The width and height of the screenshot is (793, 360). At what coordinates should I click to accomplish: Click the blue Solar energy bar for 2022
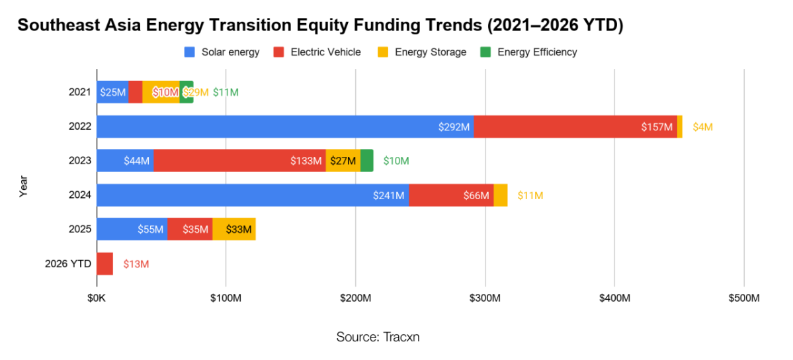click(284, 126)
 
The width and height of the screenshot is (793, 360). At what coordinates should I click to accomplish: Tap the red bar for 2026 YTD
click(104, 263)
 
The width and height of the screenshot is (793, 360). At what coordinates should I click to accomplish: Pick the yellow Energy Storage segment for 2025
click(234, 229)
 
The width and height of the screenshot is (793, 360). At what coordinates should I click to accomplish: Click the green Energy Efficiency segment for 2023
click(366, 161)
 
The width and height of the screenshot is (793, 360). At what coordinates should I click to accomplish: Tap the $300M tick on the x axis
click(485, 298)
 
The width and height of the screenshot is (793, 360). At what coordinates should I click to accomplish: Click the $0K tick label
click(97, 298)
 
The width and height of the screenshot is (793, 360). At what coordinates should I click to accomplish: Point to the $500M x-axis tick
click(743, 298)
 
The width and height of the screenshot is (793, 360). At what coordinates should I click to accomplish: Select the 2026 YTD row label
click(68, 263)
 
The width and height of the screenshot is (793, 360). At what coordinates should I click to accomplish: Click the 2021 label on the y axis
click(80, 92)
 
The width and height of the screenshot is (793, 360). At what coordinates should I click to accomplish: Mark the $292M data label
click(454, 126)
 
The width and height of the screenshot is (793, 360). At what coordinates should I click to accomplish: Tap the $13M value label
click(136, 263)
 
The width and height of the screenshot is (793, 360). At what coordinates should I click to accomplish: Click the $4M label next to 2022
click(702, 126)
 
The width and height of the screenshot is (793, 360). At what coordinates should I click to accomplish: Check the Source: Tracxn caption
click(378, 337)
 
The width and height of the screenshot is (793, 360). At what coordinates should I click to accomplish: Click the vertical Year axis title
click(24, 187)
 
